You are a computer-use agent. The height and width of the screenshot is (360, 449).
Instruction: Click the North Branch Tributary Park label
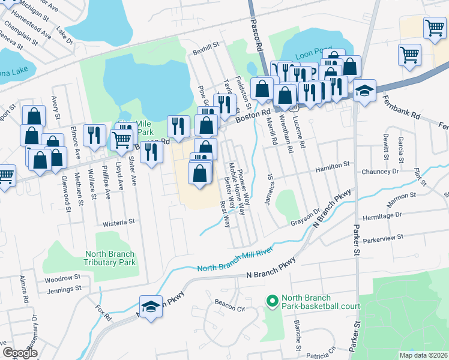[110, 258]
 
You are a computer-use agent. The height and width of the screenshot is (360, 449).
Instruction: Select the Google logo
[20, 353]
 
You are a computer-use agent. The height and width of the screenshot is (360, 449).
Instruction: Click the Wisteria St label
[118, 223]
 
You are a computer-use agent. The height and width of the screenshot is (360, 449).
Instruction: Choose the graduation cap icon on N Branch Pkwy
[151, 307]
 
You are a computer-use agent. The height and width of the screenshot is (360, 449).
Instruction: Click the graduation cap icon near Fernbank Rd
[364, 91]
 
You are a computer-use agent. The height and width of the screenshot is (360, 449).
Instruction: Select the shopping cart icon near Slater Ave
[122, 139]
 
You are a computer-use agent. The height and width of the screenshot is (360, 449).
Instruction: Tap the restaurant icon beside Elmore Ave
[94, 135]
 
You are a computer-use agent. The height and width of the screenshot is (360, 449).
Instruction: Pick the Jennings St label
[64, 289]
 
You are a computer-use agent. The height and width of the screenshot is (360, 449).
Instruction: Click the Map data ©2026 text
[423, 355]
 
